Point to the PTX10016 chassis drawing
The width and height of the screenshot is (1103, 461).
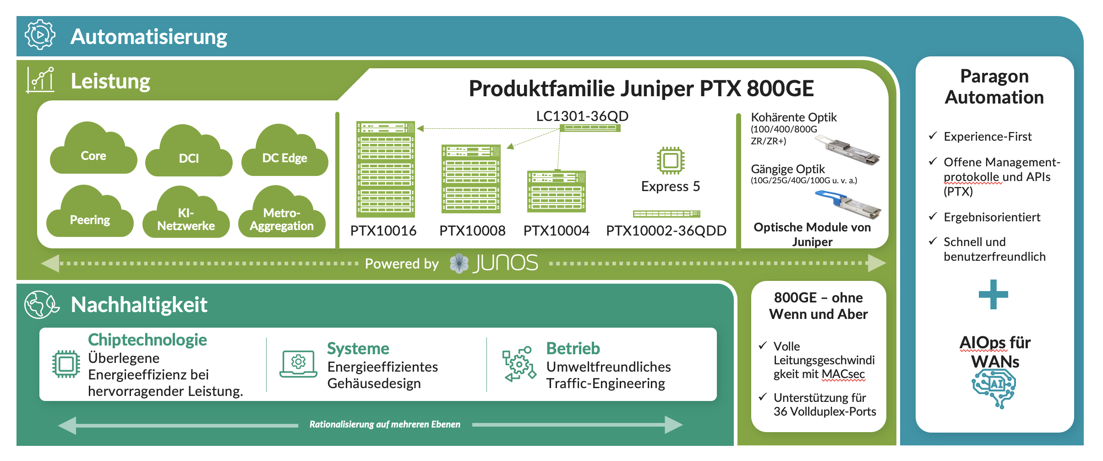click(x=386, y=169)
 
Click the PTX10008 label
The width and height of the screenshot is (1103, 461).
click(x=472, y=230)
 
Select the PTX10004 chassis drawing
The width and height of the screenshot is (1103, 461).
click(x=556, y=191)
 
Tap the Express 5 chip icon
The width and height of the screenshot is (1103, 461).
click(x=671, y=160)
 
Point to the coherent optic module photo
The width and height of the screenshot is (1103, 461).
click(x=847, y=149)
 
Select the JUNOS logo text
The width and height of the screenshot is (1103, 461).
click(x=506, y=263)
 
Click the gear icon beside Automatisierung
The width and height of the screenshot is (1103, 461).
click(x=40, y=35)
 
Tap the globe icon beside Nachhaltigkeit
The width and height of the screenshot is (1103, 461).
click(x=40, y=304)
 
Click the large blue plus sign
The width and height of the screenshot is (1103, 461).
click(x=993, y=294)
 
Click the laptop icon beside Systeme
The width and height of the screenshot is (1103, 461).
click(x=298, y=364)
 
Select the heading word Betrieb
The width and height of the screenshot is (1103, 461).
click(x=573, y=349)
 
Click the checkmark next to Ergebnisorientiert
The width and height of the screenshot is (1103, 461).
click(x=933, y=216)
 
